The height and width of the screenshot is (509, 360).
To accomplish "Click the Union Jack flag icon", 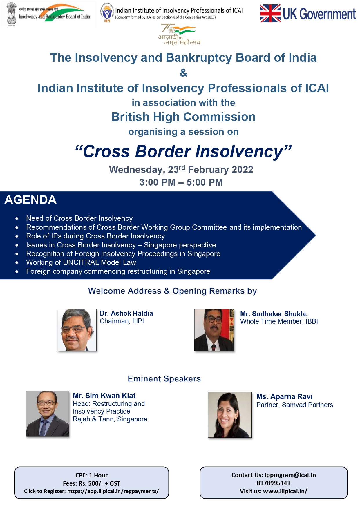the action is pos(270,13).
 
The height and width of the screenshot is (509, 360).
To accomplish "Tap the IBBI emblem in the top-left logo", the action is pos(12,13).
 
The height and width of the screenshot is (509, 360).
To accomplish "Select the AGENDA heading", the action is pos(30,200).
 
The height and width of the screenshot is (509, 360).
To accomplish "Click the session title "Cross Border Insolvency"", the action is pos(183,151).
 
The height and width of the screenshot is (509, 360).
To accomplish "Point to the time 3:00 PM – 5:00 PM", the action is pos(181,182).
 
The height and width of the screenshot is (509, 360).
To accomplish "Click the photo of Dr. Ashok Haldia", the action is pos(77,330).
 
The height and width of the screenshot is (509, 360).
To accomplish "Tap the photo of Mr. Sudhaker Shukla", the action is pos(214,330).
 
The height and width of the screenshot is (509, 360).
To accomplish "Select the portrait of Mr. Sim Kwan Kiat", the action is pos(48,414).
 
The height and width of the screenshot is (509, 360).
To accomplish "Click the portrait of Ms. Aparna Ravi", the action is pos(230,415).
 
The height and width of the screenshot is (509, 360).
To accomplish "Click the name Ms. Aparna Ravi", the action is pos(284,396).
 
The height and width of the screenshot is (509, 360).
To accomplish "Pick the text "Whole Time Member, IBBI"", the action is pos(279,321).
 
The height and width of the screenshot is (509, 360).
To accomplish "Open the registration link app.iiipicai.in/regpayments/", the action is pos(113,491).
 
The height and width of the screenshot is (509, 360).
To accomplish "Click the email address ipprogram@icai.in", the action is pos(290,475).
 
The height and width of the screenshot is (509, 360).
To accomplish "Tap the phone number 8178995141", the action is pos(274,483).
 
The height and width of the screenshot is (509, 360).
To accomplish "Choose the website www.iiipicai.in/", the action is pos(285,491).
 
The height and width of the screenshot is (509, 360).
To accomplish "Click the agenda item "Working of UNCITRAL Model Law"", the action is pos(81,262).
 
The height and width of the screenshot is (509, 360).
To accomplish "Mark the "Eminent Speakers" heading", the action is pos(164,379).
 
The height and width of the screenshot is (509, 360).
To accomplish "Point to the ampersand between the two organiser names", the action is pos(183,73).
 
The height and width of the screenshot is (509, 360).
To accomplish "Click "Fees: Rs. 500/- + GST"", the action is pos(91,483).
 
